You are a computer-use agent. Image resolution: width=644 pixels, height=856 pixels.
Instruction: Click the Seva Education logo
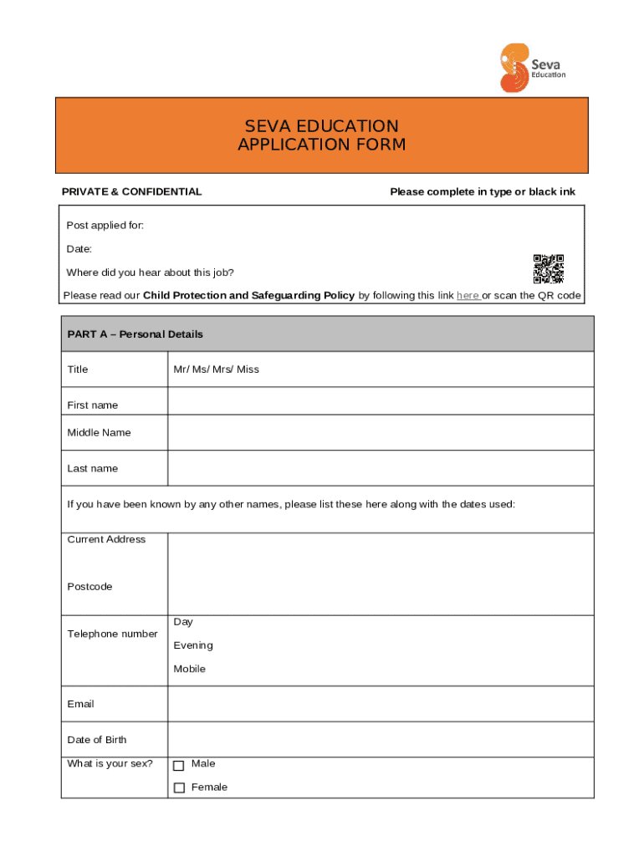[x=532, y=68]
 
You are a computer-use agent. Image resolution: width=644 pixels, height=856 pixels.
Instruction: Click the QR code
[x=549, y=268]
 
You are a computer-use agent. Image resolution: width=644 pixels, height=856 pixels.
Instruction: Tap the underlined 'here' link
[x=468, y=296]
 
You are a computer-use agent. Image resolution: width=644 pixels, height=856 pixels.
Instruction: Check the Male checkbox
[x=178, y=765]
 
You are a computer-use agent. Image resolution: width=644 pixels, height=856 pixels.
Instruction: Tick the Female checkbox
[x=178, y=787]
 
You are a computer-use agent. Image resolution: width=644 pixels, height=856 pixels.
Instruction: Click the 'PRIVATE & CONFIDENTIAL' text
[x=131, y=191]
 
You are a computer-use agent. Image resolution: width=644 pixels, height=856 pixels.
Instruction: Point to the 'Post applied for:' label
[x=105, y=226]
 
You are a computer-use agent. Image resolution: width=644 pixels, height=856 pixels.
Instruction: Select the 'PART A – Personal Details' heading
[x=135, y=334]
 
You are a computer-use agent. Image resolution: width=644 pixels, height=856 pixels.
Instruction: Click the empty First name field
[x=381, y=402]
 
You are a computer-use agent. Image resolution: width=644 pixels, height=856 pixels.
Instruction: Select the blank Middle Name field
[x=381, y=433]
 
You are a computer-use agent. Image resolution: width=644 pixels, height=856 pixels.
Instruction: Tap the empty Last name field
[x=381, y=468]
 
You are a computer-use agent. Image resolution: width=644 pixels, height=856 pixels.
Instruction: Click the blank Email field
[x=381, y=704]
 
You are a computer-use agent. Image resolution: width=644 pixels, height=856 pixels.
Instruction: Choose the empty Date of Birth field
[x=381, y=739]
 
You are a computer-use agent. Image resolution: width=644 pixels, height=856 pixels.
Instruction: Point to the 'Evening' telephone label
[x=193, y=645]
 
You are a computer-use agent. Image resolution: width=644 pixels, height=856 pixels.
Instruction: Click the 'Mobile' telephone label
[x=189, y=669]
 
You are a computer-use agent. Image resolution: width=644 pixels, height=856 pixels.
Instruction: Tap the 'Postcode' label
[x=89, y=587]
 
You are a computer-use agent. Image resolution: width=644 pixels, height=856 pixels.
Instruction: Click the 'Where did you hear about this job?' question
[x=151, y=273]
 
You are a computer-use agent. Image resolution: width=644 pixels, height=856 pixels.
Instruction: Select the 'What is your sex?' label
[x=110, y=763]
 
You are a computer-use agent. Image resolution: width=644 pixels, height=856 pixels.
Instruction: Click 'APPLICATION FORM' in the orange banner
[x=321, y=145]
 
